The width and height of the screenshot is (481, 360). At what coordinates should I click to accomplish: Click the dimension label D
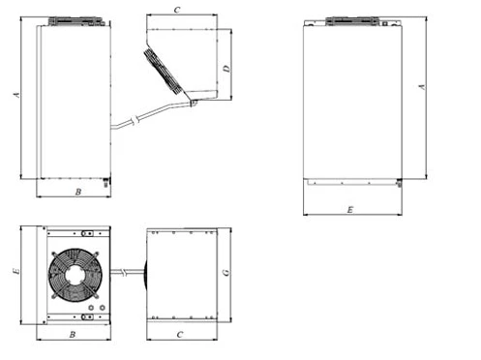[x=227, y=69]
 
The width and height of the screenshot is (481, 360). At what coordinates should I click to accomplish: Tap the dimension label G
[x=226, y=273]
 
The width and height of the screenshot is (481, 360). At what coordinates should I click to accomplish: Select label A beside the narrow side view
[x=16, y=95]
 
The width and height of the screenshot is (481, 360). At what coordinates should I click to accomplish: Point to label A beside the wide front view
[x=422, y=87]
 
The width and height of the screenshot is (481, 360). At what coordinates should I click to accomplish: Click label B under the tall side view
[x=78, y=192]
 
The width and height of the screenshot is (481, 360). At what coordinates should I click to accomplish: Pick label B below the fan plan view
[x=73, y=335]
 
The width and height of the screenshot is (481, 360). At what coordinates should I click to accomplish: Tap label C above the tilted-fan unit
[x=177, y=10]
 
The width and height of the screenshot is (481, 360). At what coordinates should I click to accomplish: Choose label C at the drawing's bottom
[x=180, y=335]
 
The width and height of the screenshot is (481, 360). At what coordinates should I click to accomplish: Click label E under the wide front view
[x=350, y=210]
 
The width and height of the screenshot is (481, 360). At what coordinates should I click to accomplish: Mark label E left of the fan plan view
[x=16, y=271]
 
